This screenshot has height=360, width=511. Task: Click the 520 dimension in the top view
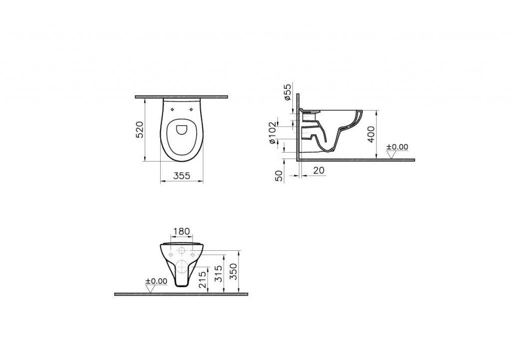pyautogui.click(x=141, y=129)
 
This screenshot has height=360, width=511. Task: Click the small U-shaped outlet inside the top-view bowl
pyautogui.click(x=182, y=130)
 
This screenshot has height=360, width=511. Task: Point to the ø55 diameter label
pyautogui.click(x=287, y=93)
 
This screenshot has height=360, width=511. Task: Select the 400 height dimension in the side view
pyautogui.click(x=371, y=135)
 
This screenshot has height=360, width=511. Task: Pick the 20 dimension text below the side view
pyautogui.click(x=319, y=170)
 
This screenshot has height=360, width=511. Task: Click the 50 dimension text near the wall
pyautogui.click(x=279, y=176)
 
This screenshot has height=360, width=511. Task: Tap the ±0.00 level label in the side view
pyautogui.click(x=397, y=147)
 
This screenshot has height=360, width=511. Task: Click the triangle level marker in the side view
pyautogui.click(x=392, y=155)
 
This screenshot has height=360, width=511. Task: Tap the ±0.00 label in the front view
pyautogui.click(x=156, y=281)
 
